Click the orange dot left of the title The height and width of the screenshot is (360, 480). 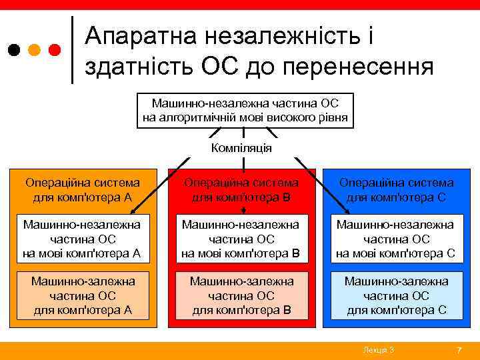pyautogui.click(x=34, y=49)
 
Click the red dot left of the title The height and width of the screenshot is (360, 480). pyautogui.click(x=55, y=49)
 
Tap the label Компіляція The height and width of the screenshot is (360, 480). pyautogui.click(x=241, y=147)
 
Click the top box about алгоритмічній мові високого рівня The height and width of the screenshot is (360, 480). pyautogui.click(x=245, y=111)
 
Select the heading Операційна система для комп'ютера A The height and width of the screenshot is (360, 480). pyautogui.click(x=83, y=190)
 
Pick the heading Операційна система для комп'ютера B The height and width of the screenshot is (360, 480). pyautogui.click(x=241, y=190)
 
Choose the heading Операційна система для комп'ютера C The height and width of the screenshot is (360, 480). pyautogui.click(x=397, y=190)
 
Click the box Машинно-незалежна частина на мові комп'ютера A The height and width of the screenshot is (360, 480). pyautogui.click(x=82, y=239)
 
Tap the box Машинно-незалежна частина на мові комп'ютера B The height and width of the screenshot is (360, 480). pyautogui.click(x=241, y=239)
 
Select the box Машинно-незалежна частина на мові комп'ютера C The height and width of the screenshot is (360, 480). pyautogui.click(x=396, y=239)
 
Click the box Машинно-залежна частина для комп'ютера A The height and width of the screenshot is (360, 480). pyautogui.click(x=83, y=295)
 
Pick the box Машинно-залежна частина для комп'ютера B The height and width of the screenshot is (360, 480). pyautogui.click(x=241, y=295)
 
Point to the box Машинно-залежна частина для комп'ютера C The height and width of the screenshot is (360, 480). pyautogui.click(x=396, y=295)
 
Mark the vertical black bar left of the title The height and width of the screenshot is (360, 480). pyautogui.click(x=72, y=49)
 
